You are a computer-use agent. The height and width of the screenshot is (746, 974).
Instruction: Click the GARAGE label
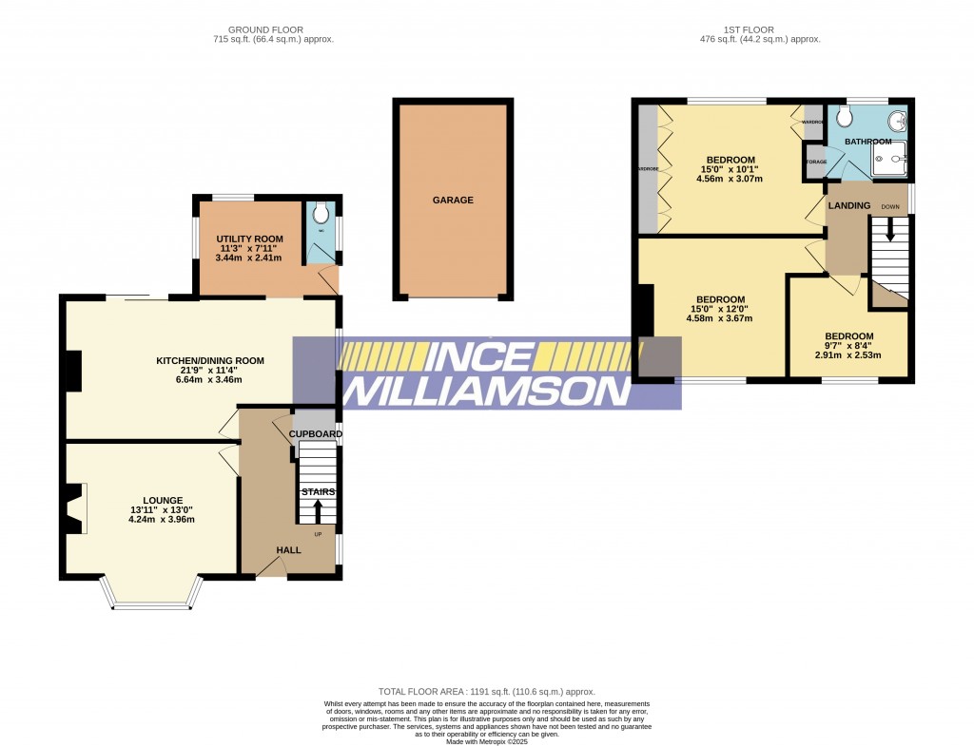coord(453,201)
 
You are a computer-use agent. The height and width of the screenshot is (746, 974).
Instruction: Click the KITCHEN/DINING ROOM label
coord(210,360)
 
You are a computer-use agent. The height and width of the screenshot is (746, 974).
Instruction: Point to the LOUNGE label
coord(163,500)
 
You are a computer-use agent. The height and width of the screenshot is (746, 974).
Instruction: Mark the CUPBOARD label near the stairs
coord(316,434)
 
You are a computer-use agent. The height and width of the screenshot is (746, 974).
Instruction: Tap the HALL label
coord(288,550)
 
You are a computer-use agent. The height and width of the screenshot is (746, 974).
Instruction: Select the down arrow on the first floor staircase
coord(889,229)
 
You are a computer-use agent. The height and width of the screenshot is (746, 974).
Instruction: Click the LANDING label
coord(849,205)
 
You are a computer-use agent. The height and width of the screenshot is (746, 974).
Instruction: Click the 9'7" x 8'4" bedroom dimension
coord(847,346)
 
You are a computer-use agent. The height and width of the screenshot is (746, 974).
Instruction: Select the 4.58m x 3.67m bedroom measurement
coord(718,318)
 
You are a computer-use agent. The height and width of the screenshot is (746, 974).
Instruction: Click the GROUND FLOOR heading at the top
coord(274,29)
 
